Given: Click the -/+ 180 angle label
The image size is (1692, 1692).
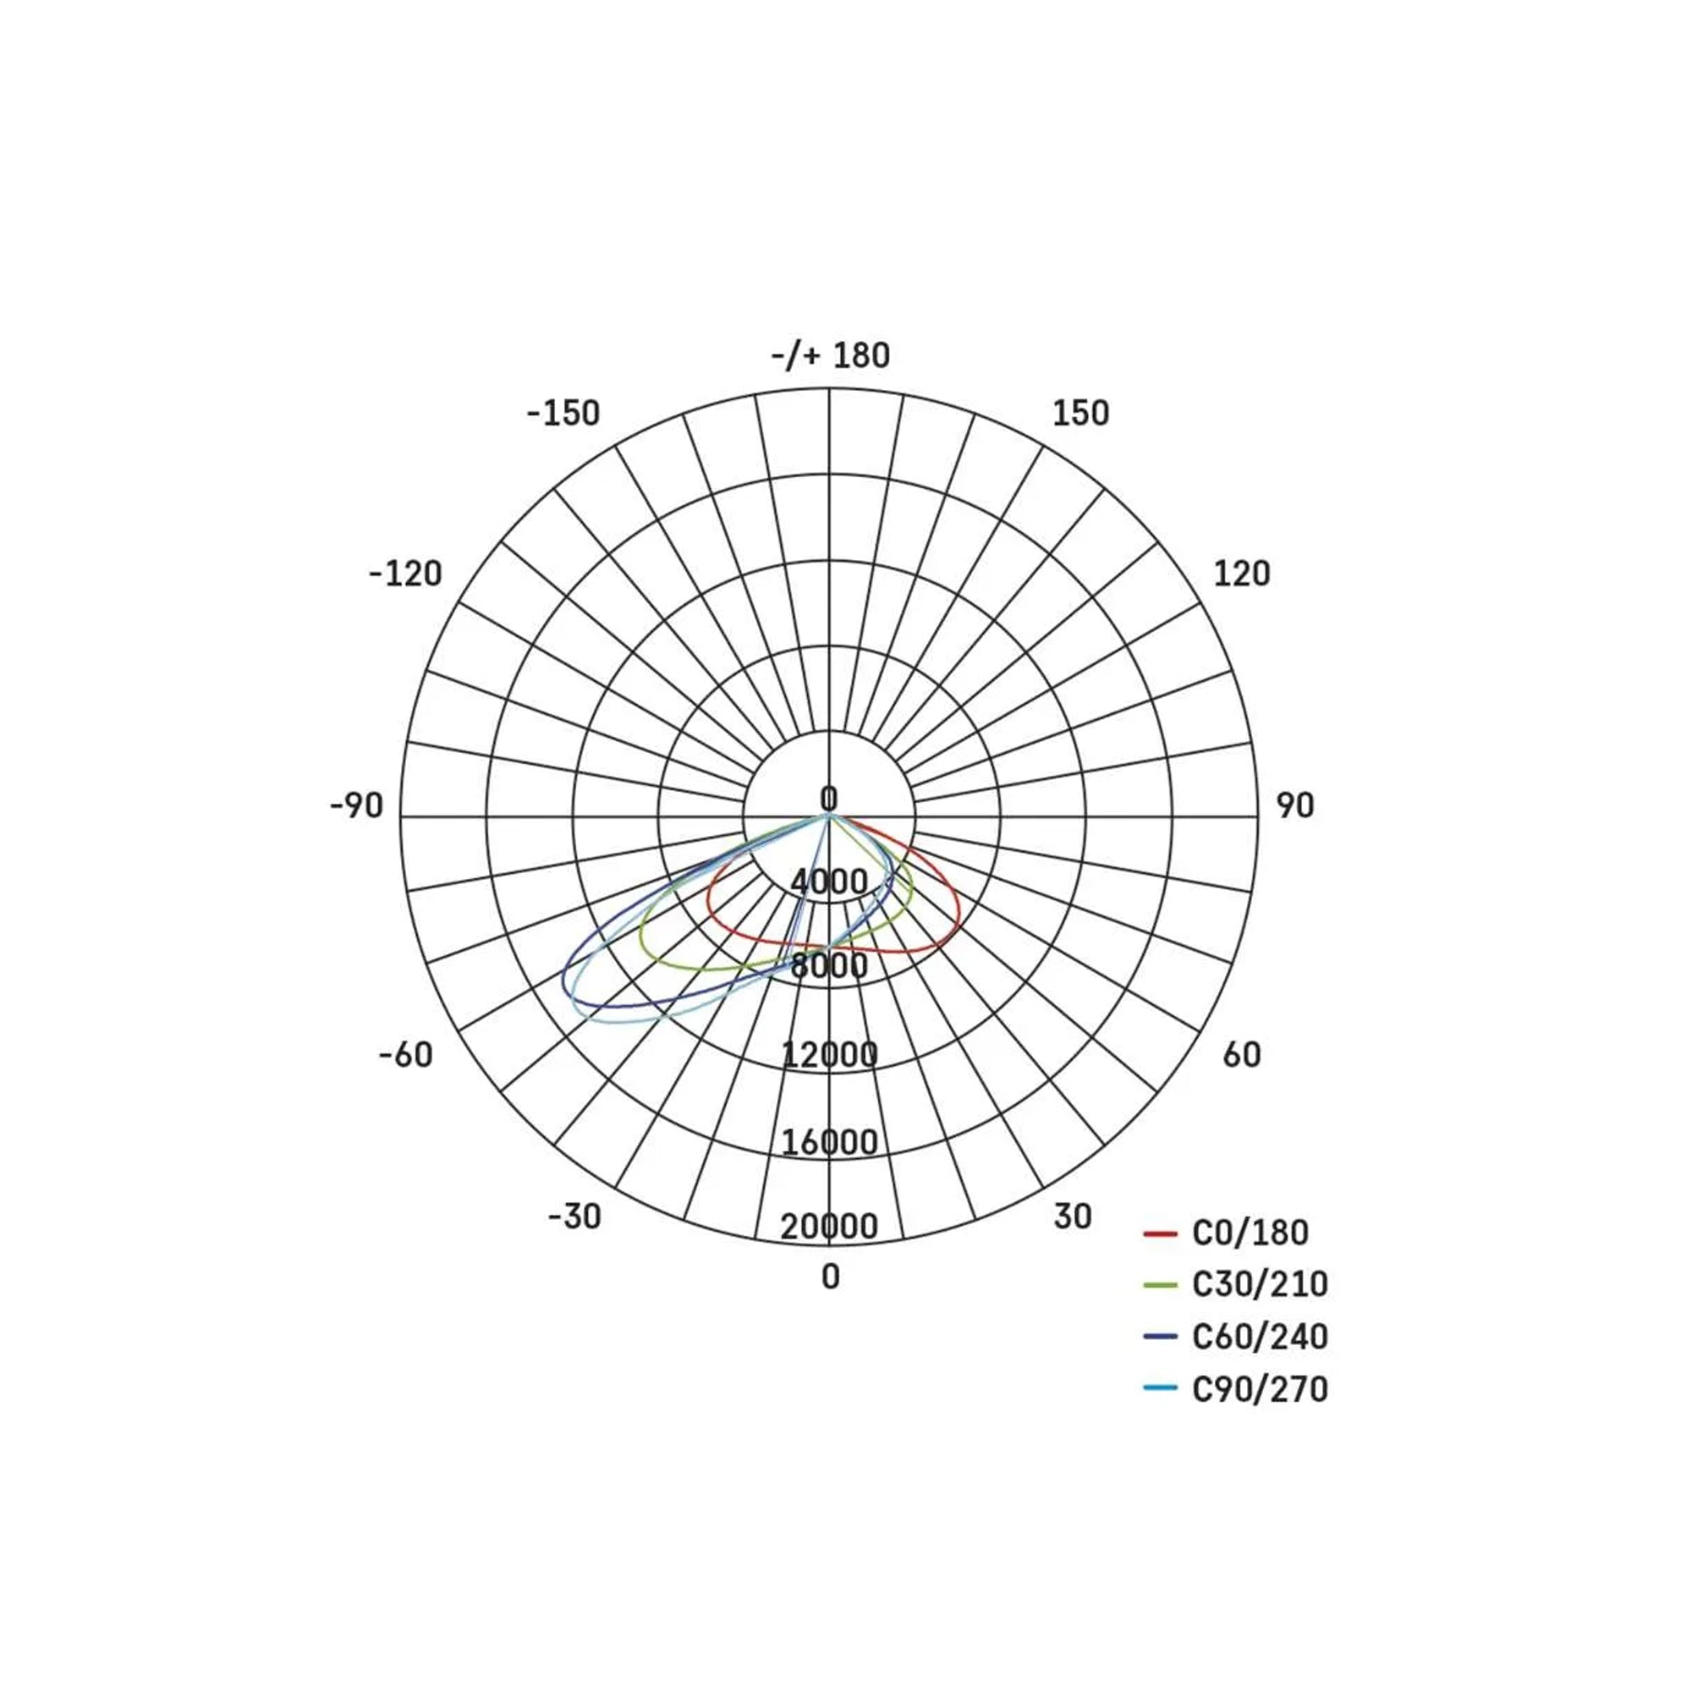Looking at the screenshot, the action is pos(830,355).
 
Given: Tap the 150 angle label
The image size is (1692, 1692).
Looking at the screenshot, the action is pos(1080,414).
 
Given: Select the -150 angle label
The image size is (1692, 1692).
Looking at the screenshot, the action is pos(563,414).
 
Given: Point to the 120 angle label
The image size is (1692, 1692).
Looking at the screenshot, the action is pos(1241,574).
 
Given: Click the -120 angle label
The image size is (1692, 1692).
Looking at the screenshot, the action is pos(405,574).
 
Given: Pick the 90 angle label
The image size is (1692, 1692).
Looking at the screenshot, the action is pos(1295,805).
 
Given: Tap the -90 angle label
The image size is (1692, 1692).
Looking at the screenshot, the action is pos(356,805).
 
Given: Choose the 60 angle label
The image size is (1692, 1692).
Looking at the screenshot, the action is pos(1242,1055).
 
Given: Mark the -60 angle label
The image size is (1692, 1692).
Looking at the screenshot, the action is pos(405,1055).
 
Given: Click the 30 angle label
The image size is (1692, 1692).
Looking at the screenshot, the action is pos(1073,1217).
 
